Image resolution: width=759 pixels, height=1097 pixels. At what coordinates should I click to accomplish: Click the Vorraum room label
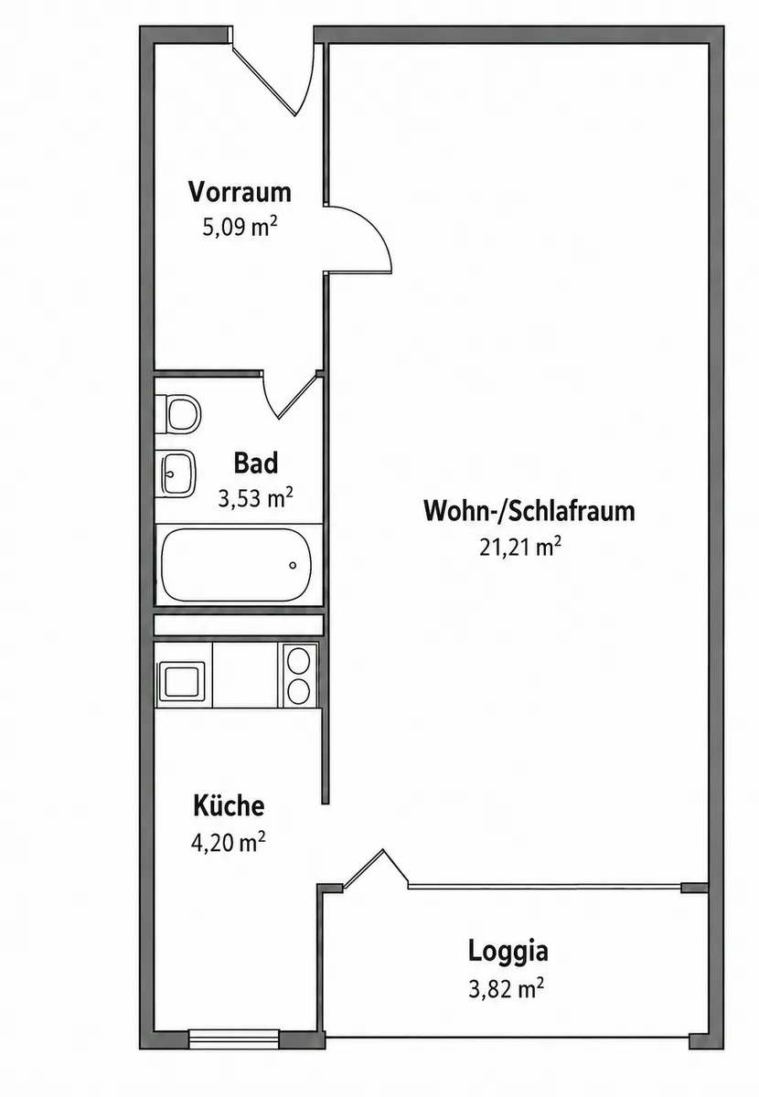tap(240, 191)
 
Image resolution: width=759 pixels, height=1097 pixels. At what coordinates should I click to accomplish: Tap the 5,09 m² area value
tap(240, 227)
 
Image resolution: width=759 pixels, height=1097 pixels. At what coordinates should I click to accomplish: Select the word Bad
tap(256, 463)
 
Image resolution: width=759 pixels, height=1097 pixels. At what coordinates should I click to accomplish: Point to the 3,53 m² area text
tap(255, 498)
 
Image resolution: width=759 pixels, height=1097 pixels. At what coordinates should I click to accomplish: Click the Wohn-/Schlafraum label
tap(529, 511)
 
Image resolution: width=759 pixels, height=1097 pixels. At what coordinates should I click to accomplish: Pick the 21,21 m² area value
tap(520, 547)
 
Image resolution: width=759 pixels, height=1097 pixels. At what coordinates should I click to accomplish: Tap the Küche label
tap(229, 805)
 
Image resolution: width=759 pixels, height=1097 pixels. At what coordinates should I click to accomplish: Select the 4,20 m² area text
tap(229, 842)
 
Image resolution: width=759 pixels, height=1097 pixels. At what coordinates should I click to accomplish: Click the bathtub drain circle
tap(293, 566)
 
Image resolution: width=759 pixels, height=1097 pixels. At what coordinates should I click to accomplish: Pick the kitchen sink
tap(181, 682)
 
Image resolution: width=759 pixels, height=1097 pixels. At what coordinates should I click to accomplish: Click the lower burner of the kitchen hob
tap(298, 692)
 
